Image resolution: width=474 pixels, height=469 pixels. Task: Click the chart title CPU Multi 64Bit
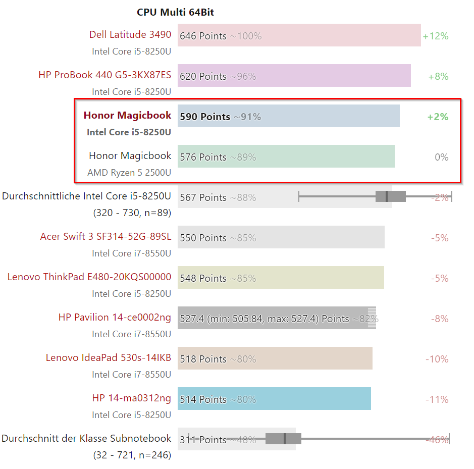click(x=175, y=12)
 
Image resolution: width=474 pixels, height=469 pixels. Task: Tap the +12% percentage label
click(x=435, y=36)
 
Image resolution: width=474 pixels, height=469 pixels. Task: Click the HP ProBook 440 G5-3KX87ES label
click(x=104, y=75)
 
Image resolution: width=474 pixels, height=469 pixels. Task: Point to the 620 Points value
click(x=203, y=76)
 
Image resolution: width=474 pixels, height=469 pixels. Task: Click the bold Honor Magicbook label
click(x=127, y=116)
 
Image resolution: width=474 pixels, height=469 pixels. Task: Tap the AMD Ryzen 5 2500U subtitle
click(x=129, y=173)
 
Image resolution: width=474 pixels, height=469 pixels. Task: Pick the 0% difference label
click(x=441, y=157)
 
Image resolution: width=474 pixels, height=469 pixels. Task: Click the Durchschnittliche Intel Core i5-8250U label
click(x=86, y=196)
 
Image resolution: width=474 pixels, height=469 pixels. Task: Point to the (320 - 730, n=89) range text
click(x=132, y=213)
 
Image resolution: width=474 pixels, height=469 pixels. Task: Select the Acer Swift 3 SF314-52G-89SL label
click(x=106, y=237)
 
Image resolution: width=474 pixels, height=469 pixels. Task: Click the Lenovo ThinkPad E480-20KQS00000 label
click(x=89, y=277)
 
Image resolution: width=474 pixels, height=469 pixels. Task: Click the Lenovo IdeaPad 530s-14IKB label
click(x=108, y=358)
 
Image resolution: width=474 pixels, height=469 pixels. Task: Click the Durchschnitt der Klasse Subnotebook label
click(x=86, y=439)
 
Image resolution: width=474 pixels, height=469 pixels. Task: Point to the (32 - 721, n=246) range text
click(x=132, y=455)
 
